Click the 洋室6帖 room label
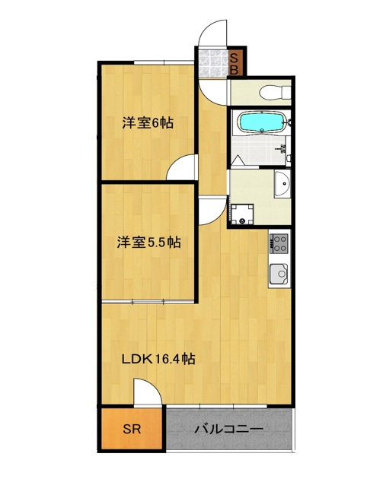148,122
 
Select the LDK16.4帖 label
159,359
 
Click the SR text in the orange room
132,429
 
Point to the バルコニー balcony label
228,429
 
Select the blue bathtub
261,122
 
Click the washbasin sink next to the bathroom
282,183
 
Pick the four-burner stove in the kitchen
278,243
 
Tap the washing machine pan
243,214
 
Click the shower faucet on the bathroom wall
286,149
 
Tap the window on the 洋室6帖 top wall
160,62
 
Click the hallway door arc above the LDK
212,207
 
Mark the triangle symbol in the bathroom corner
238,160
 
